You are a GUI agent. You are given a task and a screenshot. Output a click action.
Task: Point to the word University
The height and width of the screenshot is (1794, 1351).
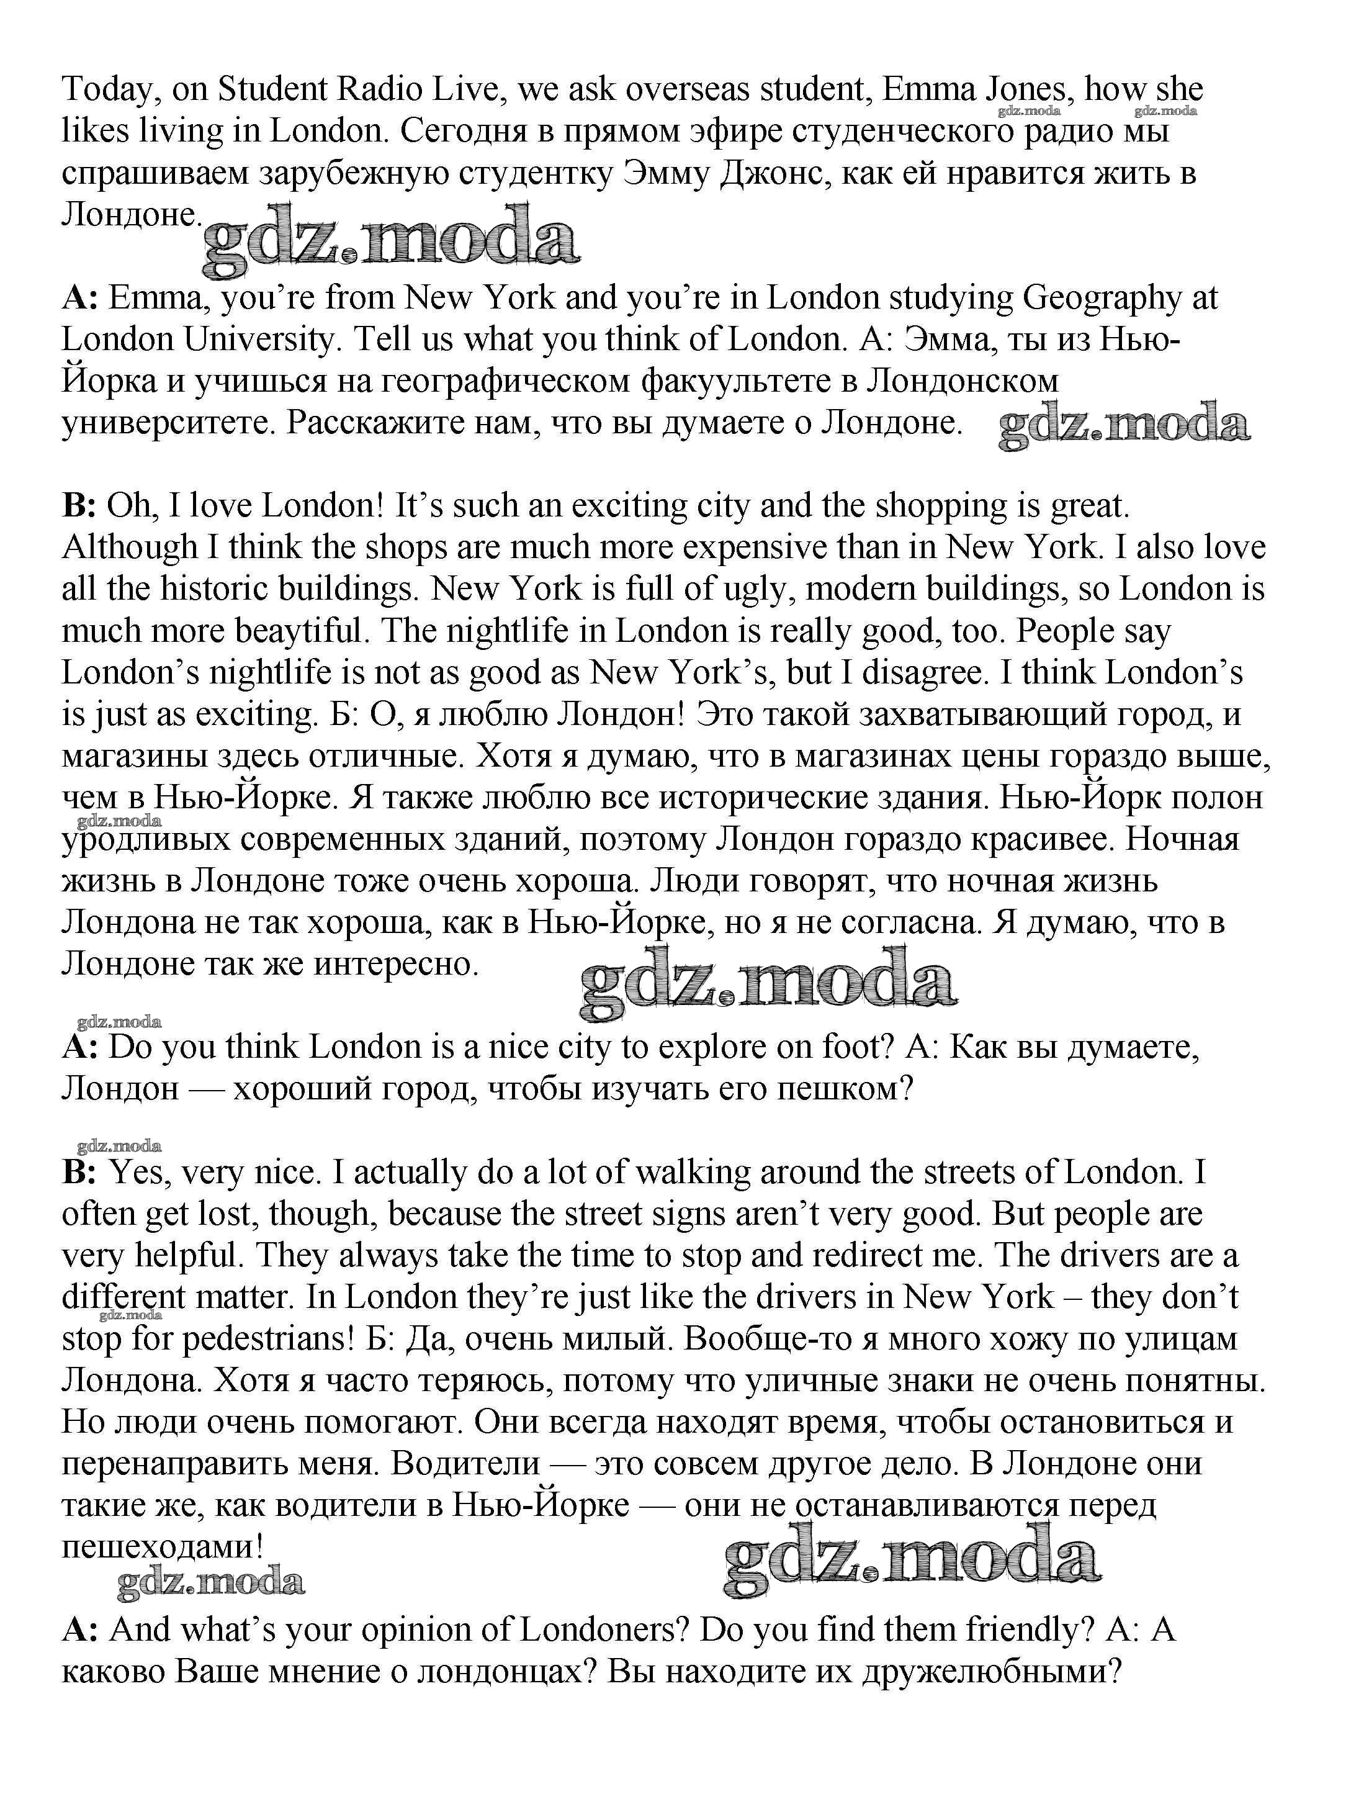pyautogui.click(x=259, y=340)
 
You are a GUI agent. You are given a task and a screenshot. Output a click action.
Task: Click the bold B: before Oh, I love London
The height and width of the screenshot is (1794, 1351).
pyautogui.click(x=79, y=506)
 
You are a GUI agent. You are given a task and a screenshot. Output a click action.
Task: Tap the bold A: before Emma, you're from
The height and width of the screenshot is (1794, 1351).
pyautogui.click(x=79, y=299)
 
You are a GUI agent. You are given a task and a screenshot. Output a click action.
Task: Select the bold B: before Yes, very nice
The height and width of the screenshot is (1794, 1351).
pyautogui.click(x=79, y=1172)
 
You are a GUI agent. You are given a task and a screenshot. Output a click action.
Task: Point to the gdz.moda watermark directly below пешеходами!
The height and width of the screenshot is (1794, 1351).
pyautogui.click(x=211, y=1582)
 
